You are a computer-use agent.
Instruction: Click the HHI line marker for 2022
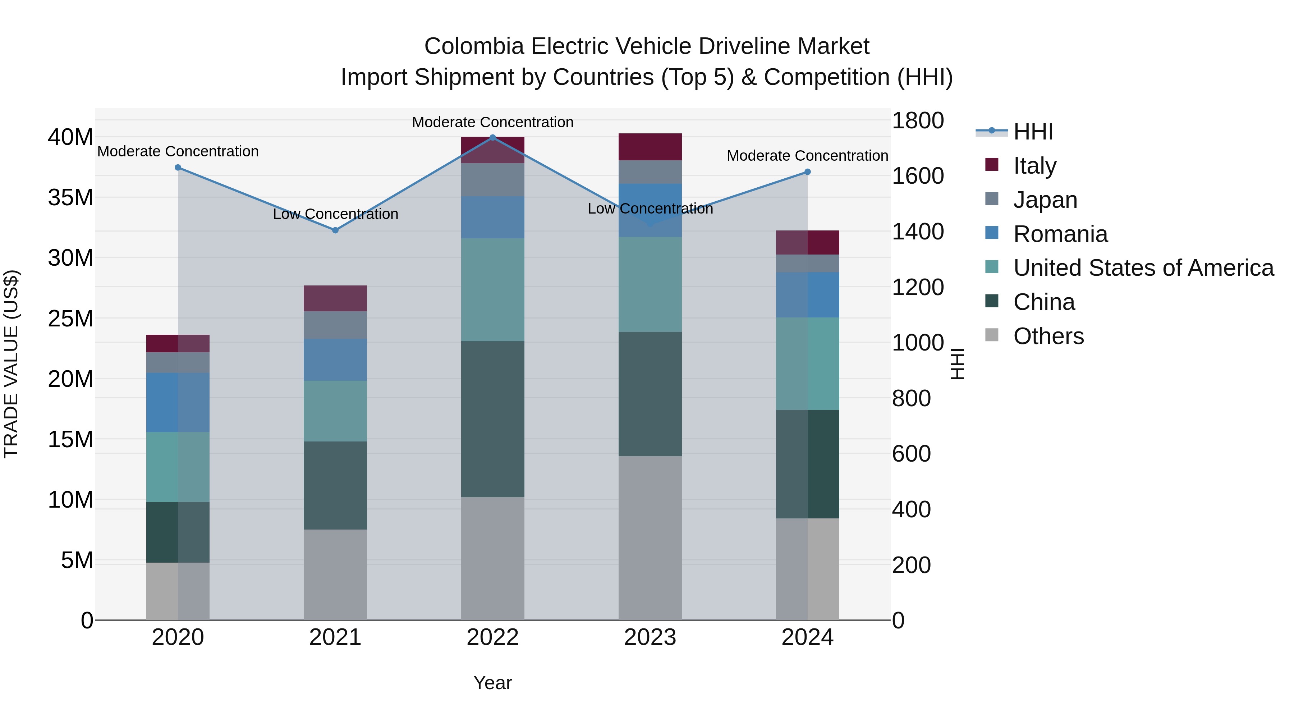click(x=492, y=137)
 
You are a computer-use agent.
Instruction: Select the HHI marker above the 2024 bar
click(x=807, y=172)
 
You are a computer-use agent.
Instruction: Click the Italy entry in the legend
click(x=1035, y=165)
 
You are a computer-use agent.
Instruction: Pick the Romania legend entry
click(x=1060, y=234)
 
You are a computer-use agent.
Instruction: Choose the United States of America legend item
click(x=1143, y=268)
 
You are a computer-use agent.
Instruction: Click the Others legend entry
click(x=1048, y=336)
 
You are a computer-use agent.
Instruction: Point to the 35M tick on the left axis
click(x=70, y=197)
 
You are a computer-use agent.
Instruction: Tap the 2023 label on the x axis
click(x=650, y=637)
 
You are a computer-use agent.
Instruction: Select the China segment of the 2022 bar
click(x=492, y=419)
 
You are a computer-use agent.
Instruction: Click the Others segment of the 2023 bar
click(x=650, y=537)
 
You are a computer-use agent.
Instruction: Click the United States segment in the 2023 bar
click(x=650, y=284)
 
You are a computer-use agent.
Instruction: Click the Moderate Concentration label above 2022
click(x=492, y=122)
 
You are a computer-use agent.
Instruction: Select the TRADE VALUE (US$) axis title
click(x=11, y=364)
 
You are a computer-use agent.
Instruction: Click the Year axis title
click(x=492, y=683)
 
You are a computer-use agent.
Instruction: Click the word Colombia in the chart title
click(x=474, y=46)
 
